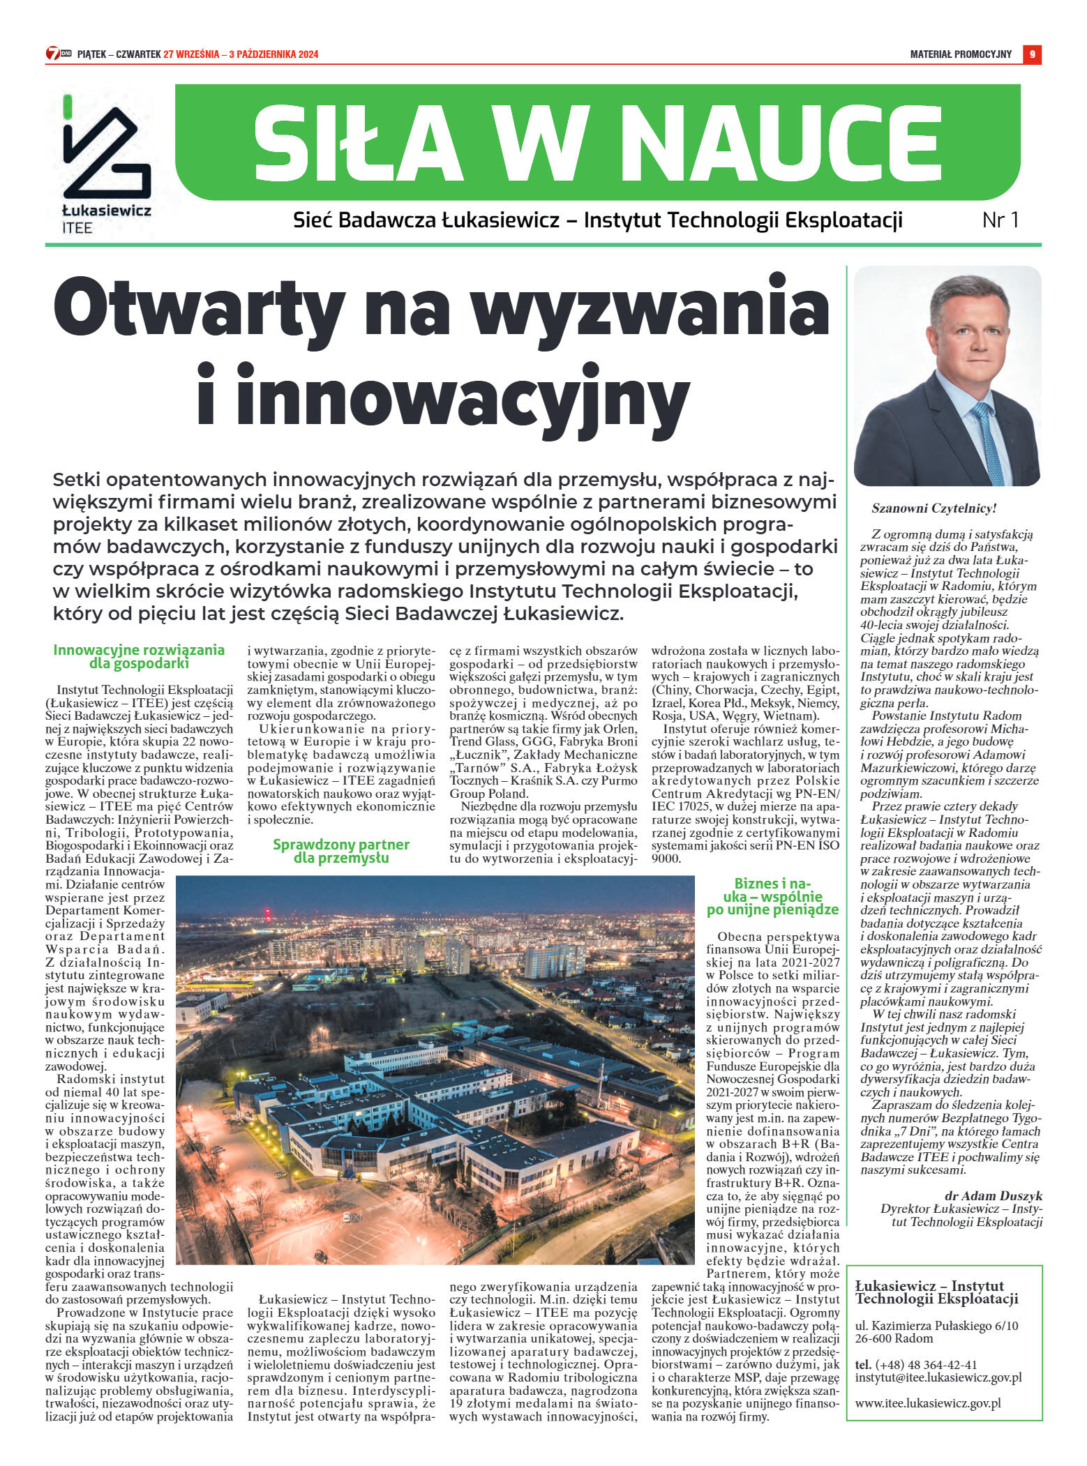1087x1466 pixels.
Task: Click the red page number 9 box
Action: (x=1032, y=54)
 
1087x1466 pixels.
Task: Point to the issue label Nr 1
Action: (x=1000, y=220)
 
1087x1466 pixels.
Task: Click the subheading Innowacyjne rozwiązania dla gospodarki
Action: (x=139, y=656)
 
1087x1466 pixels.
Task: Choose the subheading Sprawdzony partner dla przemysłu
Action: (x=340, y=851)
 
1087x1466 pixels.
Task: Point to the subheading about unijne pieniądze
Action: (x=772, y=897)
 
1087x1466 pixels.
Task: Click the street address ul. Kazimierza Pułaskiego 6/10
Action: (x=936, y=1326)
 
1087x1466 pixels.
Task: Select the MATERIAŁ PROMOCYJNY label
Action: (x=960, y=54)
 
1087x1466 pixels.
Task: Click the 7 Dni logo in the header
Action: (x=59, y=54)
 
